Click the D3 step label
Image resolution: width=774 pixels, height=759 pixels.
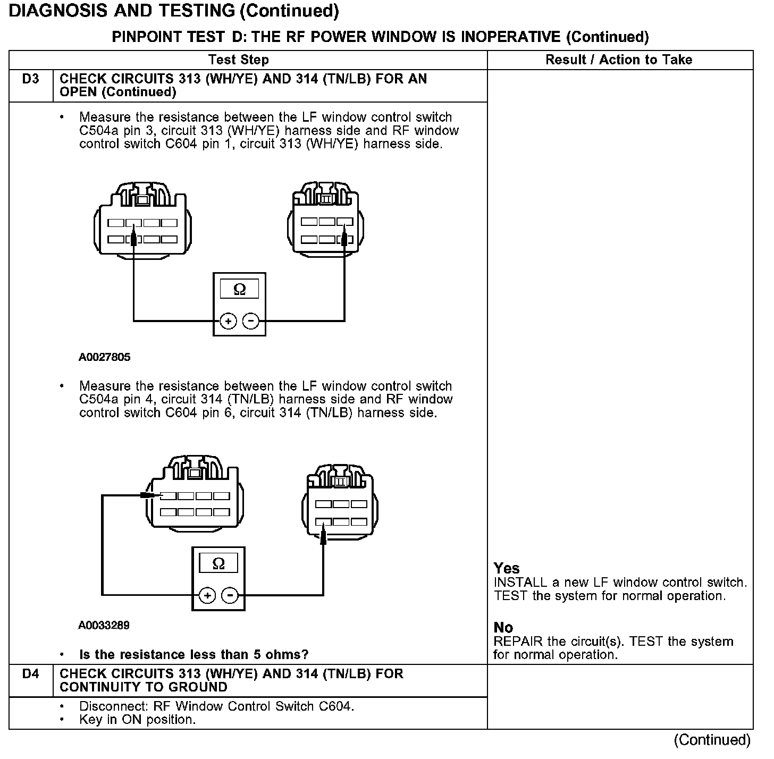(x=31, y=79)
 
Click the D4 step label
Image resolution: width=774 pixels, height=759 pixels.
(x=31, y=674)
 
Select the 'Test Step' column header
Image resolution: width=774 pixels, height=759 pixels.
(x=239, y=60)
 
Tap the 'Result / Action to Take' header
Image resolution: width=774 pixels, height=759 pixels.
(x=619, y=60)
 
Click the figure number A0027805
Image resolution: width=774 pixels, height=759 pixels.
(x=105, y=357)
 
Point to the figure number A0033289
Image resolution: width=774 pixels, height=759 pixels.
(x=104, y=626)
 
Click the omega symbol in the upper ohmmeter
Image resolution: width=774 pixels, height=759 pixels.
(x=240, y=289)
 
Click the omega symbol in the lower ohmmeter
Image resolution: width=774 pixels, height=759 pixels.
(x=218, y=563)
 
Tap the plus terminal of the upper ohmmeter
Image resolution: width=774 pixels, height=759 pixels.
(x=228, y=321)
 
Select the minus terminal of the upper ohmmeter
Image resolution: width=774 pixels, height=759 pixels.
(x=250, y=321)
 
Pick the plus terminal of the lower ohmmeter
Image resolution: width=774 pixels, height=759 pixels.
(x=207, y=595)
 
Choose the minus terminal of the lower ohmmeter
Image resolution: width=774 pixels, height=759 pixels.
(x=230, y=595)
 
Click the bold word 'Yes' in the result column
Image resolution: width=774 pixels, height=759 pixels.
(x=507, y=568)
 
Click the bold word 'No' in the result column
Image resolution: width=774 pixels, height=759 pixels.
(x=503, y=628)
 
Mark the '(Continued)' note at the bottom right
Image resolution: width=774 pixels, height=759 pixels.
(x=712, y=740)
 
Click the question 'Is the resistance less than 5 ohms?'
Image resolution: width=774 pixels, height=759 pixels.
(x=194, y=654)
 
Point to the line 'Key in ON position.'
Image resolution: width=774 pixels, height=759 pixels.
(x=138, y=720)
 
